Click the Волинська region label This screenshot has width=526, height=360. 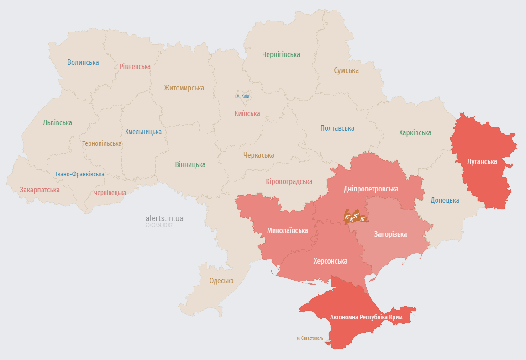[83, 62]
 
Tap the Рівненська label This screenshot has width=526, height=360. [135, 66]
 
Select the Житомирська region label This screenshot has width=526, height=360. [184, 88]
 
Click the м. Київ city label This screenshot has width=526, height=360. [243, 96]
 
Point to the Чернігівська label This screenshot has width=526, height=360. [281, 54]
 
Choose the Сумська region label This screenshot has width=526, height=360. [346, 70]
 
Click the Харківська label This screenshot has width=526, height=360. [415, 133]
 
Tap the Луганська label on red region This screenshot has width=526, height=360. [482, 161]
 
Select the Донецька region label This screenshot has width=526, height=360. [445, 200]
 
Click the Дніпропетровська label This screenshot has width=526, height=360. [371, 189]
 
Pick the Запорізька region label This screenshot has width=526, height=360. [390, 234]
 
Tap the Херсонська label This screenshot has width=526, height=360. [330, 261]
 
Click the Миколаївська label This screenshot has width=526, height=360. [287, 230]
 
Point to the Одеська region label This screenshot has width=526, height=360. [221, 281]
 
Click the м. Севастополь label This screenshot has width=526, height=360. [310, 339]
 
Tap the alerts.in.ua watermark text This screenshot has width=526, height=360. [164, 218]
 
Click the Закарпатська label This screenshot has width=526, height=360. [40, 190]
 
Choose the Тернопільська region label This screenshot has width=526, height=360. [102, 143]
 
